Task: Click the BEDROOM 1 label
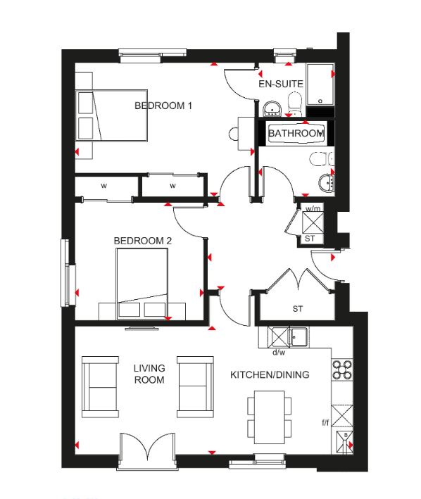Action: coord(163,106)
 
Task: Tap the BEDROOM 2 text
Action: coord(142,241)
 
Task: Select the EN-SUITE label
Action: coord(281,84)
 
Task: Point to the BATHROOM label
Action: coord(296,133)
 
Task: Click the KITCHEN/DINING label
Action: coord(270,374)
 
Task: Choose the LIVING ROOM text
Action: coord(149,374)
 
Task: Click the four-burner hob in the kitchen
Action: coord(342,369)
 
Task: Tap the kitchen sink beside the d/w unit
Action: coord(298,336)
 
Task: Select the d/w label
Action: coord(279,353)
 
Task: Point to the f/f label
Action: coord(325,422)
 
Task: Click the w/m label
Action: coord(313,209)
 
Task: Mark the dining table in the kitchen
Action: coord(269,417)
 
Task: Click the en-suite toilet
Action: coord(294,102)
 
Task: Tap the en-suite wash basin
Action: coord(272,109)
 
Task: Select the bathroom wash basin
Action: coord(326,183)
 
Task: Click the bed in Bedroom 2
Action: coord(142,284)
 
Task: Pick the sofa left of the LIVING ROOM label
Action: coord(100,386)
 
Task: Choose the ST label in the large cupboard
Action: coord(298,308)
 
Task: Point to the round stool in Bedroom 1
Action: coord(234,134)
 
